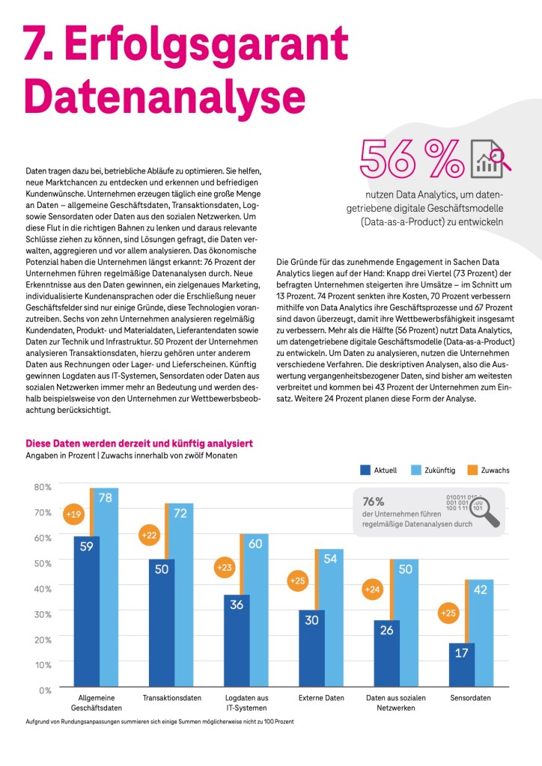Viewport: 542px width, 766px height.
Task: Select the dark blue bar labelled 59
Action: (x=86, y=610)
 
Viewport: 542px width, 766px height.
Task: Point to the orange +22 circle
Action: (x=150, y=535)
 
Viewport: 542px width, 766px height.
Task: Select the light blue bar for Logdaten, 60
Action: (x=256, y=610)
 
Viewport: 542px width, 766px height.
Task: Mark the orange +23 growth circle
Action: (x=224, y=567)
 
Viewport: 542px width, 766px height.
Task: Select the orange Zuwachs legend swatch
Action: (x=472, y=470)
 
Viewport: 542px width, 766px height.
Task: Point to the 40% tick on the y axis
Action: (x=43, y=588)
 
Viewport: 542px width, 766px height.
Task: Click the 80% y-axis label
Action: (x=43, y=487)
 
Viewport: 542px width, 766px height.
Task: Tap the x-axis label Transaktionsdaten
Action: (x=172, y=698)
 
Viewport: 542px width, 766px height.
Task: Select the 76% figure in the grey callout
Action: (x=374, y=501)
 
